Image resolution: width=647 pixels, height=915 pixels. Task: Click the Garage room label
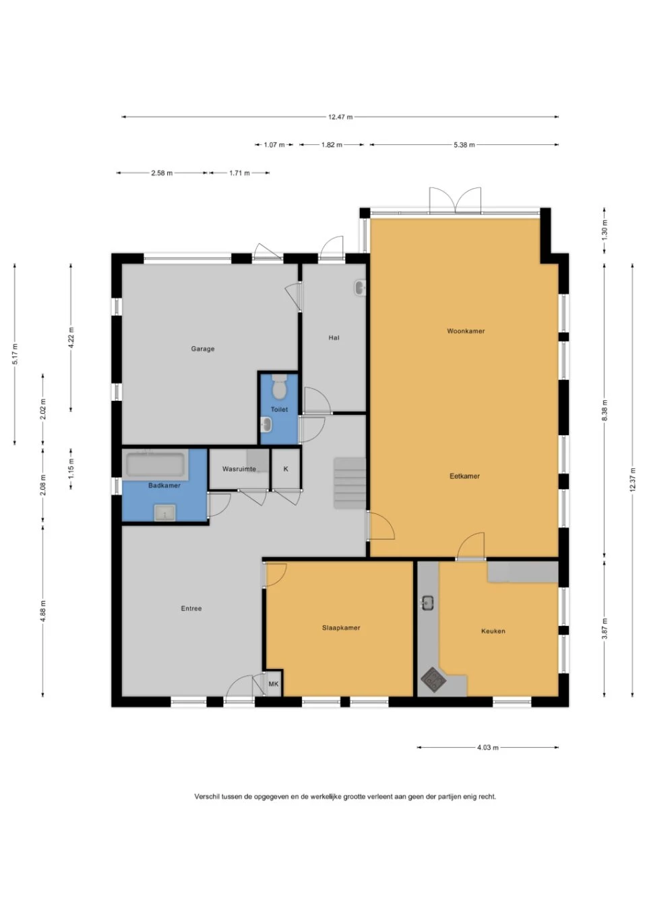(x=203, y=349)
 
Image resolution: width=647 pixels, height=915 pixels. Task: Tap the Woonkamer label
(x=466, y=331)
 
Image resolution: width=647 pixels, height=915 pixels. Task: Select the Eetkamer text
(x=464, y=476)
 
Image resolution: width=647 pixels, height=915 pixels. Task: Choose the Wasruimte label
(x=239, y=469)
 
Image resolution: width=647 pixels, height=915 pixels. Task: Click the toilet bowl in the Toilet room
(x=280, y=387)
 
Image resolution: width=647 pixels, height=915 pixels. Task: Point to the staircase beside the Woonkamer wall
(x=350, y=483)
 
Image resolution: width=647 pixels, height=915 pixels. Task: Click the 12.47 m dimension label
(x=340, y=117)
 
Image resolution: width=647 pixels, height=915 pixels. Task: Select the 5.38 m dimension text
(x=464, y=145)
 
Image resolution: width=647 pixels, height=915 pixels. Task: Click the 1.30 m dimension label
(x=605, y=231)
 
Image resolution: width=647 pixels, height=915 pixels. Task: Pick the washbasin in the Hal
(x=360, y=288)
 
